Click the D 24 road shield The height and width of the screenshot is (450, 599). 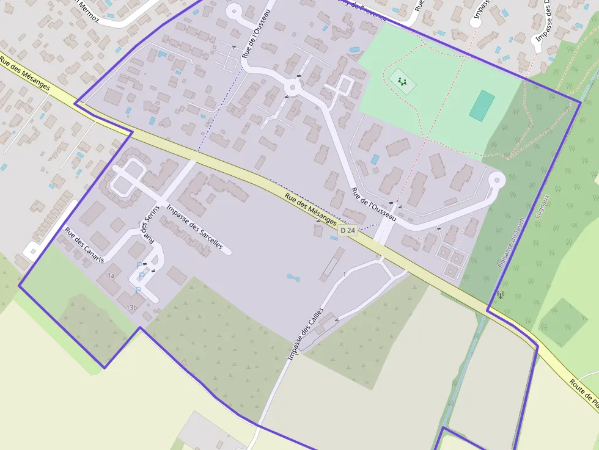pyautogui.click(x=347, y=230)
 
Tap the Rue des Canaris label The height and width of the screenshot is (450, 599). pyautogui.click(x=84, y=245)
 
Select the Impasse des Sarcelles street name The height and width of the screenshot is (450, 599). pyautogui.click(x=199, y=229)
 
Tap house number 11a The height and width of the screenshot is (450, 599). pyautogui.click(x=109, y=276)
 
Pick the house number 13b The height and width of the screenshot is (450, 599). pyautogui.click(x=131, y=307)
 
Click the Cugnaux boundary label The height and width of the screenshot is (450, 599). pyautogui.click(x=540, y=206)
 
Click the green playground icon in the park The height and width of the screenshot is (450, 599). pyautogui.click(x=402, y=81)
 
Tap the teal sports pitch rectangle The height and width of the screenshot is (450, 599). pyautogui.click(x=482, y=105)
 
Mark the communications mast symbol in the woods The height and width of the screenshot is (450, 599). pyautogui.click(x=501, y=296)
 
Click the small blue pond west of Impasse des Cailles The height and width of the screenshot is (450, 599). pyautogui.click(x=293, y=278)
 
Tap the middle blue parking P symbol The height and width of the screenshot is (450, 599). pyautogui.click(x=142, y=276)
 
